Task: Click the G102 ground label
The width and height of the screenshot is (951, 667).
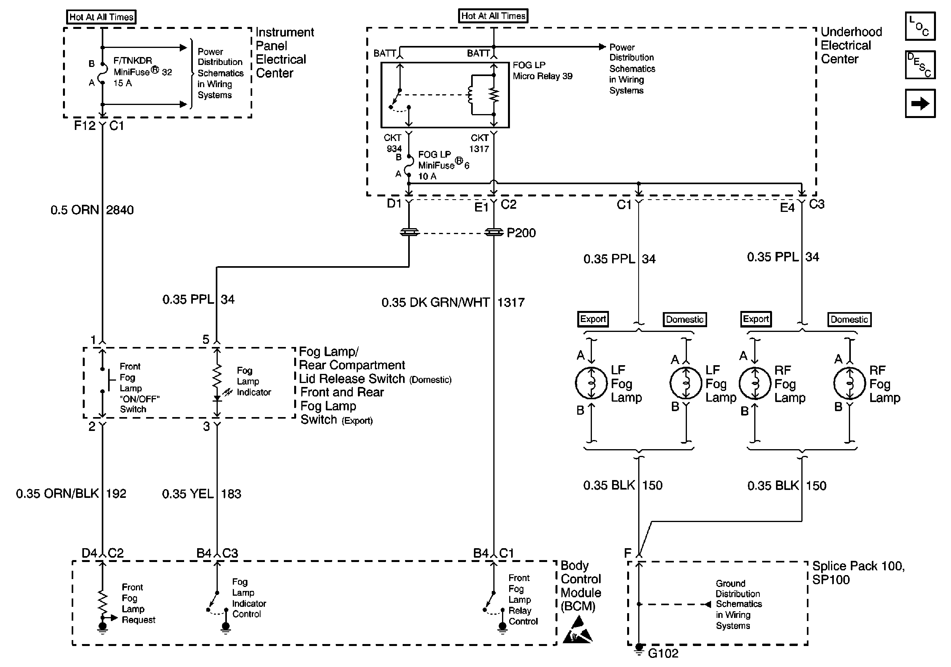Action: tap(663, 653)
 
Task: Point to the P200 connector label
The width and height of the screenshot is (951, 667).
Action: tap(521, 233)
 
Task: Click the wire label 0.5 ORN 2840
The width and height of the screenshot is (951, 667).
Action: tap(92, 210)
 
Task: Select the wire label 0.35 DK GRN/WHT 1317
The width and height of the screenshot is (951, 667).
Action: tap(452, 303)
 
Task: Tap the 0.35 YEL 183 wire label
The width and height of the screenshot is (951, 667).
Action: tap(201, 494)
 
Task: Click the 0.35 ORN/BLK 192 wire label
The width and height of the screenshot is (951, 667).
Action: tap(71, 494)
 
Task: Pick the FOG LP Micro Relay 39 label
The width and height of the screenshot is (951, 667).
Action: tap(542, 71)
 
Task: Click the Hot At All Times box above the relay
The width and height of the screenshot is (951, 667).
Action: tap(493, 16)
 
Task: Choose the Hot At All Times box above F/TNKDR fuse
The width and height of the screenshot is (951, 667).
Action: tap(101, 17)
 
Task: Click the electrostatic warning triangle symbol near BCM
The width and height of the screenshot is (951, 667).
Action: tap(577, 630)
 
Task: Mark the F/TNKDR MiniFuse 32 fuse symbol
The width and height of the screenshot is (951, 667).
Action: tap(102, 73)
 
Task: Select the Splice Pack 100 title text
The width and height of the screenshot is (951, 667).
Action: tap(858, 573)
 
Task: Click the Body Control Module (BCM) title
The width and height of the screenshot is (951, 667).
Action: tap(580, 586)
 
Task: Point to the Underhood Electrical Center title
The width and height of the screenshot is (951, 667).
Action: tap(851, 46)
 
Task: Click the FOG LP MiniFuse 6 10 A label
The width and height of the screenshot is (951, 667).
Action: tap(443, 165)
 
